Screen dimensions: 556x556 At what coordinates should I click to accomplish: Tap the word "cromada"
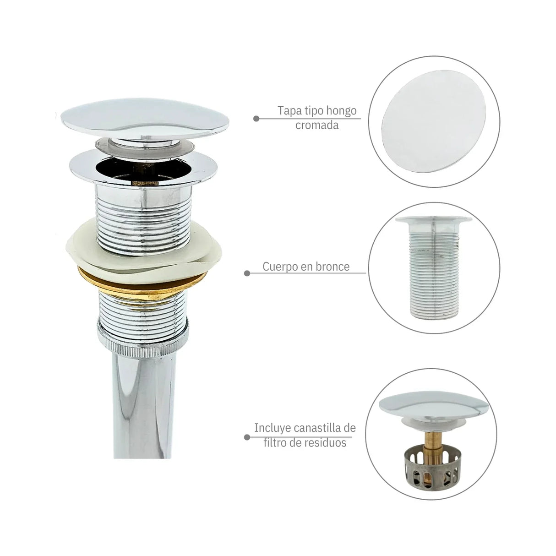pyautogui.click(x=317, y=125)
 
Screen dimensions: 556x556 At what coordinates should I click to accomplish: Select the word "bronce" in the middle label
pyautogui.click(x=333, y=267)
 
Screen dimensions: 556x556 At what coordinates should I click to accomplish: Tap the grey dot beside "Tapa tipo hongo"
pyautogui.click(x=256, y=119)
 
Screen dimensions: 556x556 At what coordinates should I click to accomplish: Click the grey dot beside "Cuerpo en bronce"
pyautogui.click(x=247, y=273)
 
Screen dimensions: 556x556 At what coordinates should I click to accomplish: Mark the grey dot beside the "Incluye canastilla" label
pyautogui.click(x=247, y=437)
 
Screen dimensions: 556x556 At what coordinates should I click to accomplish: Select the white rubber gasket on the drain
pyautogui.click(x=144, y=251)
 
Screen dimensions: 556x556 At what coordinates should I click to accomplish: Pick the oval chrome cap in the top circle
pyautogui.click(x=434, y=121)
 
